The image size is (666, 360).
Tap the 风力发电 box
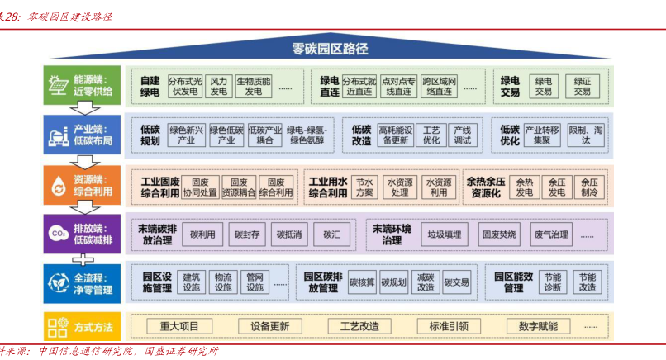tap(218, 87)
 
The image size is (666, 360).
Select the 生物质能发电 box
tap(253, 87)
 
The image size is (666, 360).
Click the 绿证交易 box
tap(583, 87)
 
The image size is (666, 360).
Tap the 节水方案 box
tap(364, 187)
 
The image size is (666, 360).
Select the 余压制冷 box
tap(588, 187)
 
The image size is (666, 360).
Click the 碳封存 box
tap(245, 235)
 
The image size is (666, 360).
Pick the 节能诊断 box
tap(552, 282)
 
